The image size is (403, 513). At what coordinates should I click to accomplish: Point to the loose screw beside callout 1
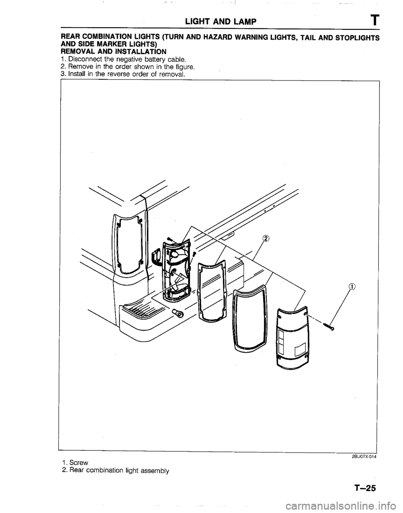pyautogui.click(x=329, y=326)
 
